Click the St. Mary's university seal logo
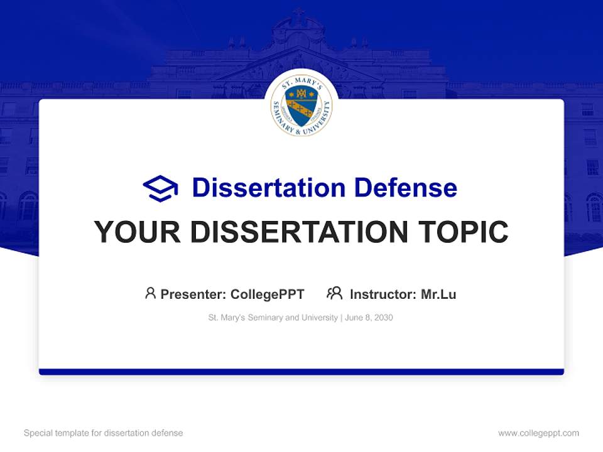click(x=301, y=106)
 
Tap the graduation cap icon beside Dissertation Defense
click(x=160, y=188)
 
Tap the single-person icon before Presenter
click(x=150, y=293)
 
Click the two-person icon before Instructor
click(x=334, y=293)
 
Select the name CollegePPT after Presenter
click(x=268, y=294)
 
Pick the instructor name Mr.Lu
click(x=438, y=294)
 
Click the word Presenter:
click(x=193, y=294)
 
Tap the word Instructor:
click(x=383, y=294)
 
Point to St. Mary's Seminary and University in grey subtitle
click(x=273, y=318)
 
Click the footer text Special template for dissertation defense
click(x=104, y=433)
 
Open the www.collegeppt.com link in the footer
click(x=538, y=433)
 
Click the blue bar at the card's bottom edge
click(x=301, y=372)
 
